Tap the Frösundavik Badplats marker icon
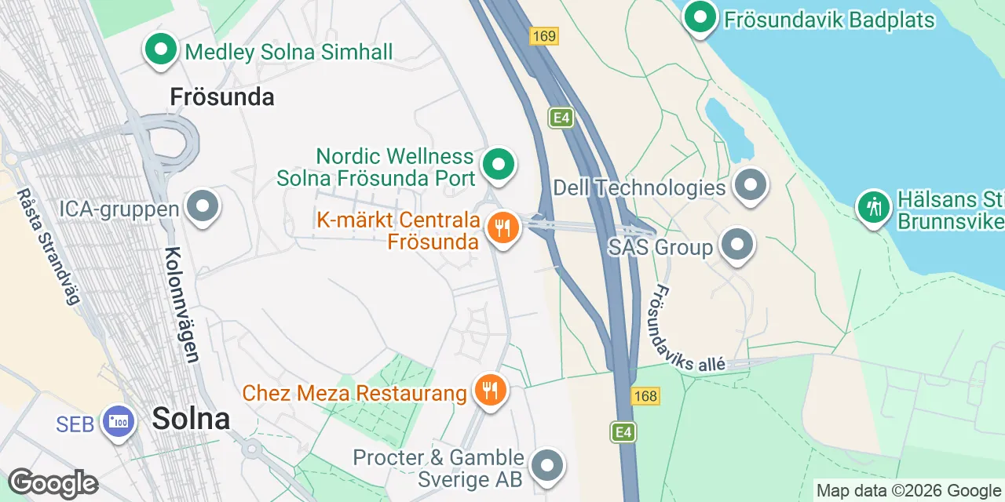pyautogui.click(x=700, y=16)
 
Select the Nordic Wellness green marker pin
pyautogui.click(x=498, y=165)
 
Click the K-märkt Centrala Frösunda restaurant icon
pyautogui.click(x=502, y=228)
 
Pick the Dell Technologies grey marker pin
pyautogui.click(x=751, y=185)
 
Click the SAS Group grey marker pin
pyautogui.click(x=736, y=245)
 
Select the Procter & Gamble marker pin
pyautogui.click(x=547, y=466)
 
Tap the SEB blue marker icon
pyautogui.click(x=119, y=422)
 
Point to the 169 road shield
pyautogui.click(x=543, y=36)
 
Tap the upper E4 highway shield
pyautogui.click(x=561, y=118)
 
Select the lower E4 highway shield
pyautogui.click(x=623, y=432)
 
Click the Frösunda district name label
pyautogui.click(x=222, y=97)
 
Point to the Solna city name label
pyautogui.click(x=191, y=418)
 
